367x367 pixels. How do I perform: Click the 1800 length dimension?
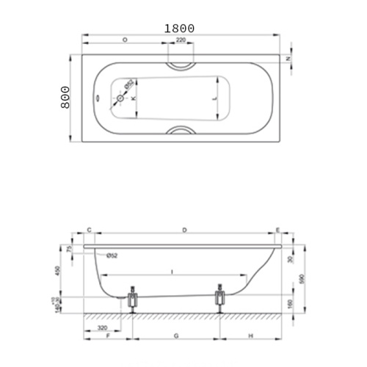pyautogui.click(x=179, y=28)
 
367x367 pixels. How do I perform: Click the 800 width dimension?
pyautogui.click(x=65, y=96)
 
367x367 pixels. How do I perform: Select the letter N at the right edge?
pyautogui.click(x=288, y=58)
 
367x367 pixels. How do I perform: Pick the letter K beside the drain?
pyautogui.click(x=133, y=98)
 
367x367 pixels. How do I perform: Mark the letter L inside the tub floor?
pyautogui.click(x=214, y=96)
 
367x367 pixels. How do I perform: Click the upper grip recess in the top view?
pyautogui.click(x=180, y=64)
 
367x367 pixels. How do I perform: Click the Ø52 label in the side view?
pyautogui.click(x=112, y=255)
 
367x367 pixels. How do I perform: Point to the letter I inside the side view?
pyautogui.click(x=171, y=272)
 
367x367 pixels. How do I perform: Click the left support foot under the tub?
pyautogui.click(x=133, y=299)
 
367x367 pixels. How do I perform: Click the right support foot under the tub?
pyautogui.click(x=219, y=299)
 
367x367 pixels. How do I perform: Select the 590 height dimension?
pyautogui.click(x=301, y=280)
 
